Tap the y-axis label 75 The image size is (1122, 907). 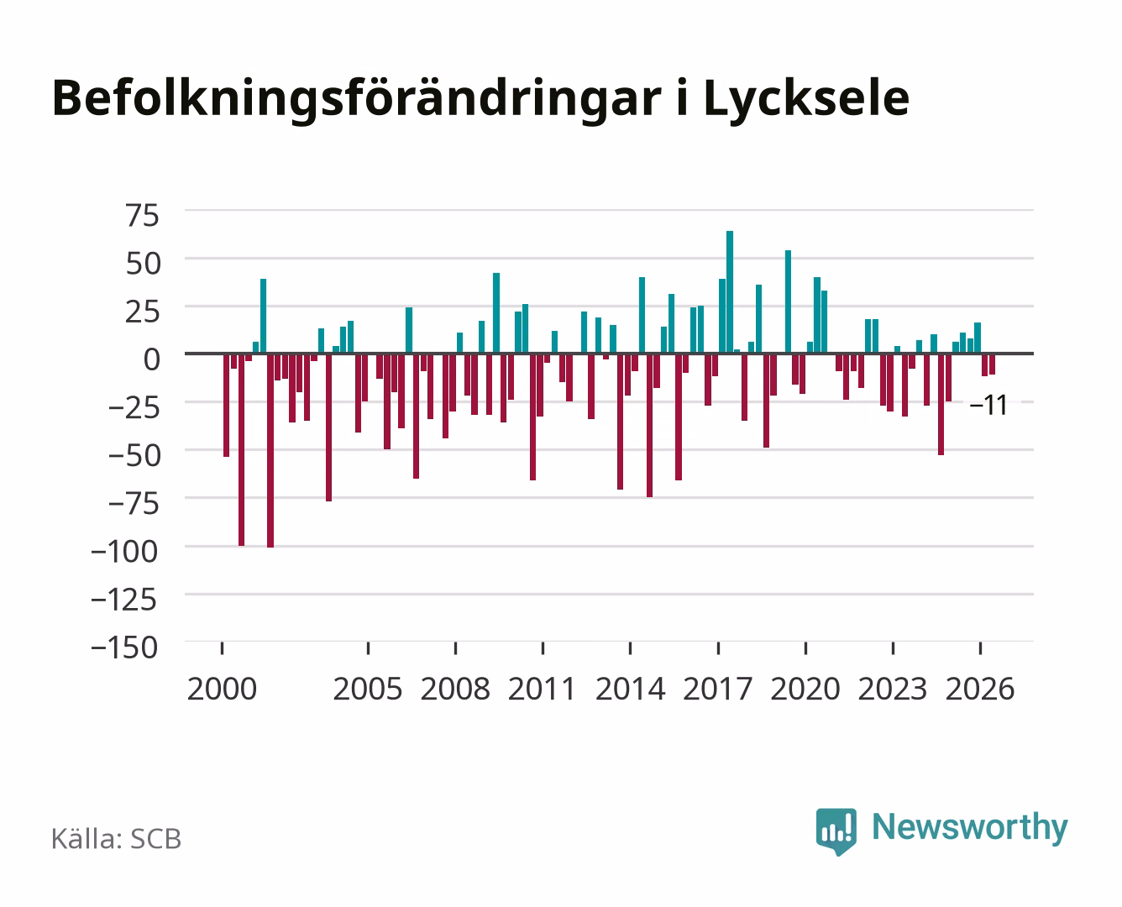(142, 216)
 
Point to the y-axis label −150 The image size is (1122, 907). (124, 647)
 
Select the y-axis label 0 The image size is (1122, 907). (152, 359)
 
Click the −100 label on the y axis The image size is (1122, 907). (124, 552)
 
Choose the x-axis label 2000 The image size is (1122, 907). (222, 689)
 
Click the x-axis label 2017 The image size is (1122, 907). (717, 689)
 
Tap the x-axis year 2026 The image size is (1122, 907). (980, 689)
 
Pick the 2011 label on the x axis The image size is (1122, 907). (542, 689)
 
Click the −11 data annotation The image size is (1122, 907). (988, 406)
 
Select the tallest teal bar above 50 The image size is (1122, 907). (730, 291)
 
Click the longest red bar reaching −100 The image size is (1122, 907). (270, 451)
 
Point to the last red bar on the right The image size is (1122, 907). (992, 364)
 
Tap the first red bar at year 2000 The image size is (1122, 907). (227, 406)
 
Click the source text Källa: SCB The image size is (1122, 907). (117, 839)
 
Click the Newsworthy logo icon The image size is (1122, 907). (836, 831)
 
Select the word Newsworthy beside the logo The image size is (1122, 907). (970, 827)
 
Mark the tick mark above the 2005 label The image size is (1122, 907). (368, 648)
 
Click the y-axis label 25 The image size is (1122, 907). (142, 312)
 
